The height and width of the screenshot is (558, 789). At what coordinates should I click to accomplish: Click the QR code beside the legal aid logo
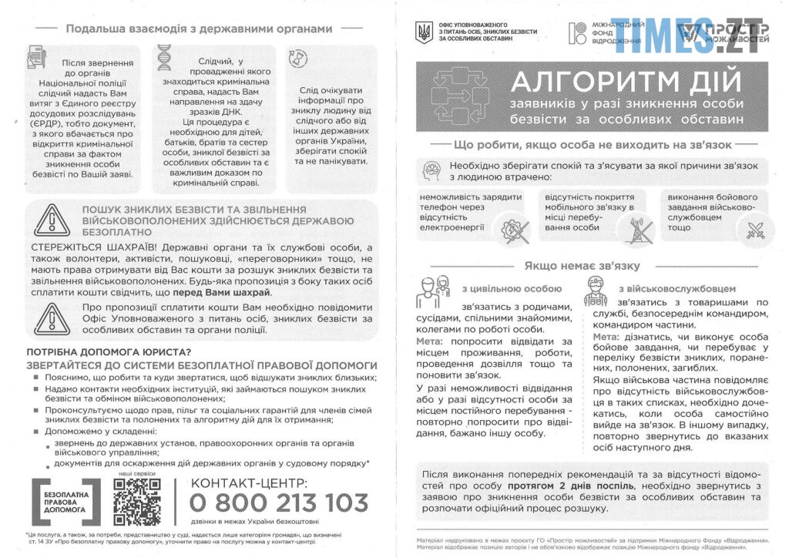(137, 502)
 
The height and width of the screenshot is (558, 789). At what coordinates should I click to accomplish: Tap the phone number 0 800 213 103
(279, 503)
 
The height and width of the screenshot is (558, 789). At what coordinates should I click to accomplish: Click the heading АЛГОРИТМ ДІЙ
(626, 82)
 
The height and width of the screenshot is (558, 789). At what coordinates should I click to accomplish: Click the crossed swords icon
(751, 228)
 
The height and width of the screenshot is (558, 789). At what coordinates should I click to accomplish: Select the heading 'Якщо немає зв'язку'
(583, 266)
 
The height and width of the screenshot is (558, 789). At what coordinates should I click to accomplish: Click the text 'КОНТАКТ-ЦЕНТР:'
(249, 482)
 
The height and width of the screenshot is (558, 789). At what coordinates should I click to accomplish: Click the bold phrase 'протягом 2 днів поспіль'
(571, 487)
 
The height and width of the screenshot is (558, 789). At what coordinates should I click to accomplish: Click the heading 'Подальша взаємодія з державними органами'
(199, 29)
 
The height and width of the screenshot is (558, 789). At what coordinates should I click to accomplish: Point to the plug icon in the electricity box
(512, 228)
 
